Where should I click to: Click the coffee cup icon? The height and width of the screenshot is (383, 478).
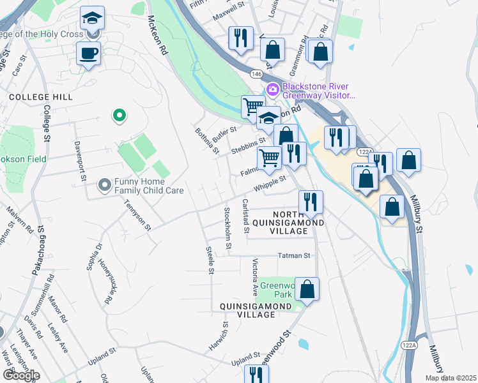pos(88,53)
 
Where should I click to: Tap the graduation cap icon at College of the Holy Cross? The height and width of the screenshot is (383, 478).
pos(92,18)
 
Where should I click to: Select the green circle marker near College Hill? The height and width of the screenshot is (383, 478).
pos(118,116)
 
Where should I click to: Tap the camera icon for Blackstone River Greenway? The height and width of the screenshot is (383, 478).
pos(273,89)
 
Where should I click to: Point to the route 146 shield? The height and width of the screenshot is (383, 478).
pos(256,74)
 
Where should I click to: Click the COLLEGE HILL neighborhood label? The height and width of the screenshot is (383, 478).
pos(41,97)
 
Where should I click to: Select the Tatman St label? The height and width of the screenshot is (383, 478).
pos(293,255)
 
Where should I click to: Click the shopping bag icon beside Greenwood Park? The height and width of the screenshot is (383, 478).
pos(307,289)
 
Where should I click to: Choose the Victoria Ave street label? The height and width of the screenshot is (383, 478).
pos(255,276)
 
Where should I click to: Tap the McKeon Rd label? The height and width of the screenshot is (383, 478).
pos(158,36)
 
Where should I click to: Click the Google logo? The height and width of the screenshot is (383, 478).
pos(20,375)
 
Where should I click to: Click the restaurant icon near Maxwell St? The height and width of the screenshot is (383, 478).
pos(240,38)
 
